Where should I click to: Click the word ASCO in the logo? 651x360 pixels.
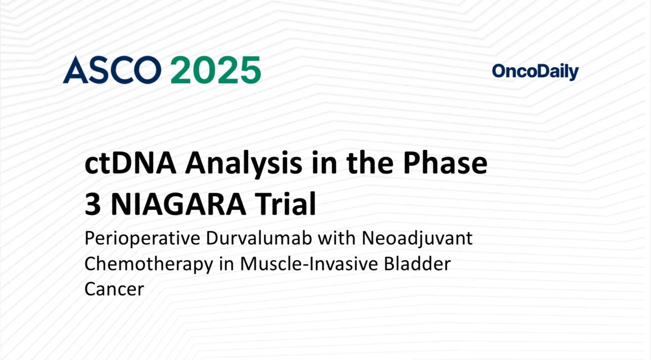[x=112, y=70]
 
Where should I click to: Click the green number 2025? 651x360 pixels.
[x=215, y=70]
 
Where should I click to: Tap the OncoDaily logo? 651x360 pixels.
[x=535, y=72]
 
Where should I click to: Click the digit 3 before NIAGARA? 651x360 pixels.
[x=93, y=204]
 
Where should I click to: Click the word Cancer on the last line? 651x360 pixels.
[x=114, y=289]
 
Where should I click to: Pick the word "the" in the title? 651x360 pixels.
[x=370, y=164]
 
